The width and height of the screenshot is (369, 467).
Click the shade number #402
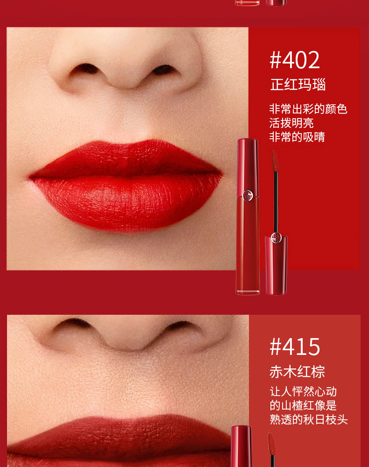pyautogui.click(x=295, y=60)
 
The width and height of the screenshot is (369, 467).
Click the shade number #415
pyautogui.click(x=295, y=347)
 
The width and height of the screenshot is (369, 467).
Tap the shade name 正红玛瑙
pyautogui.click(x=298, y=85)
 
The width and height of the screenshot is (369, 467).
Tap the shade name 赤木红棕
pyautogui.click(x=297, y=372)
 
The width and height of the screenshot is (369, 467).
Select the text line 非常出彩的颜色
pyautogui.click(x=308, y=109)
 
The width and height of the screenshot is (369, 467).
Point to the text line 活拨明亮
pyautogui.click(x=291, y=123)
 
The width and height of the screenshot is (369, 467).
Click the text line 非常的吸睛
pyautogui.click(x=297, y=137)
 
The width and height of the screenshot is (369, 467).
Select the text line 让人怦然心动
pyautogui.click(x=303, y=391)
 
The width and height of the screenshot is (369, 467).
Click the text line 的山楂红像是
pyautogui.click(x=303, y=405)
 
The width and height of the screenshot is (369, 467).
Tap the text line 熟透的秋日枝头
pyautogui.click(x=308, y=419)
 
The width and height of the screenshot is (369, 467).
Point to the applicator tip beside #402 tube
pyautogui.click(x=275, y=160)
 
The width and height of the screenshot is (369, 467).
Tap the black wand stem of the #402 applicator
pyautogui.click(x=276, y=201)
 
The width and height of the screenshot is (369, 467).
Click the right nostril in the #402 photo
pyautogui.click(x=163, y=70)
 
